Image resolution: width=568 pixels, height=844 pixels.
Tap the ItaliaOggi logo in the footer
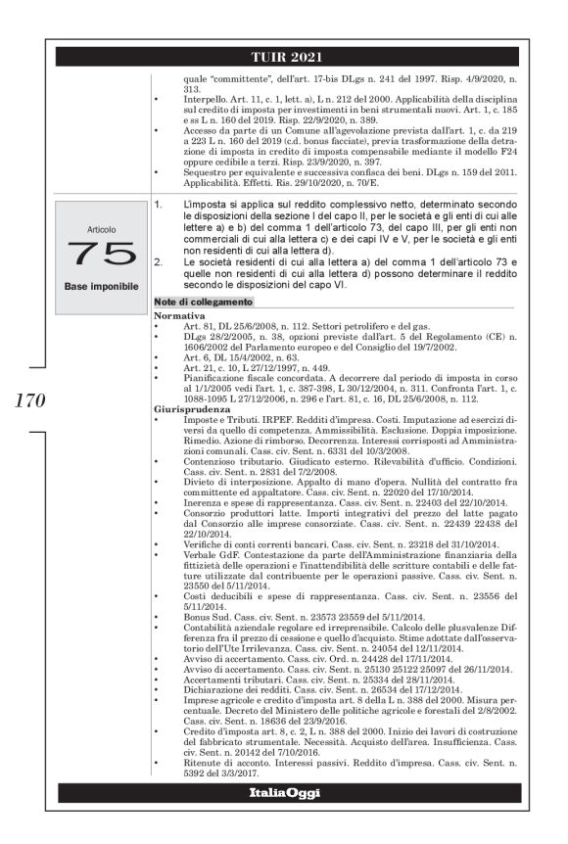283,792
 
